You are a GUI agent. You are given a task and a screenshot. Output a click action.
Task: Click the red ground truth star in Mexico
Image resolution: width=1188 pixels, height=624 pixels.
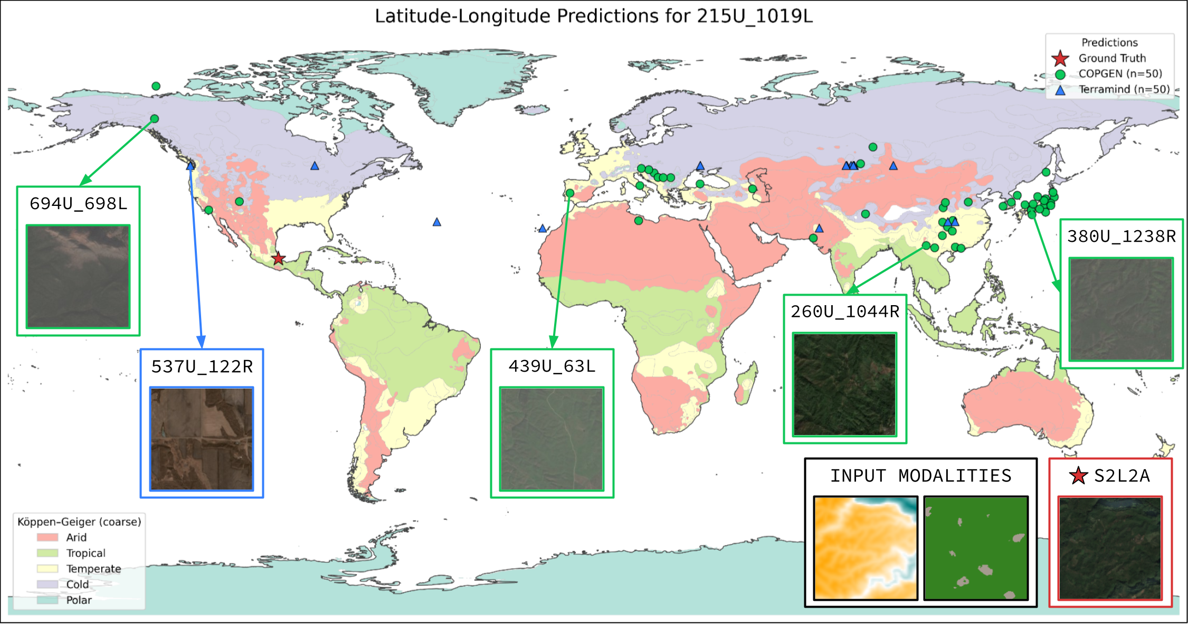coord(278,259)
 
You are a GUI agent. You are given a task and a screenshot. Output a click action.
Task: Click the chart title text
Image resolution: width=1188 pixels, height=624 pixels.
coord(593,16)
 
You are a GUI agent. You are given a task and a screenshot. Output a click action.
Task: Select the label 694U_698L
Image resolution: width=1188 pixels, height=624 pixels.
coord(78,204)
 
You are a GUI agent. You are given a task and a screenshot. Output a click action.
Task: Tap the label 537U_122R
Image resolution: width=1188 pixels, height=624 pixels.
coord(202,367)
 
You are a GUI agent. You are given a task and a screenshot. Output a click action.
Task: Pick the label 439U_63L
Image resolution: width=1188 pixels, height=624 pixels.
coord(552,366)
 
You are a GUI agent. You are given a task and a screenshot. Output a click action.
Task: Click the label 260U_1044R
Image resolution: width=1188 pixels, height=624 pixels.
coord(844,311)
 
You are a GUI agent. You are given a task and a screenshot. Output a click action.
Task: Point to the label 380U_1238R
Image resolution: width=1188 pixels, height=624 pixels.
coord(1121,237)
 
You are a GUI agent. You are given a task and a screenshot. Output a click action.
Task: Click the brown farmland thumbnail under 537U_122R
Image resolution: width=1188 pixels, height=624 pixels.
coord(202,439)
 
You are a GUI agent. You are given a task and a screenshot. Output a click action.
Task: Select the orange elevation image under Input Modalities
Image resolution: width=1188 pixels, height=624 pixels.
coord(866,548)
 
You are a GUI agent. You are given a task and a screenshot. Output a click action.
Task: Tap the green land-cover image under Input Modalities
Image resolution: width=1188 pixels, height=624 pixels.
coord(976,548)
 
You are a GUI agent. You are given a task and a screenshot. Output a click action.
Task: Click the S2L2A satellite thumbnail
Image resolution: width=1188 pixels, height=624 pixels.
coord(1110,548)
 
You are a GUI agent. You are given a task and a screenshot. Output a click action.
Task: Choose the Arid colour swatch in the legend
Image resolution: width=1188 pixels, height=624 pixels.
coord(47,537)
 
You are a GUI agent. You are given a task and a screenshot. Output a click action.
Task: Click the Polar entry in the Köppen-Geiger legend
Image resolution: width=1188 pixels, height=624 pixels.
coord(79,600)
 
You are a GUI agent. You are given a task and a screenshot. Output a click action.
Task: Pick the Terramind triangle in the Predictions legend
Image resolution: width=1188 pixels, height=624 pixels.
coord(1060,90)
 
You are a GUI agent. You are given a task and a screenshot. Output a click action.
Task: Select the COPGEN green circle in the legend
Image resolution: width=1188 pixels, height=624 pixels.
coord(1060,74)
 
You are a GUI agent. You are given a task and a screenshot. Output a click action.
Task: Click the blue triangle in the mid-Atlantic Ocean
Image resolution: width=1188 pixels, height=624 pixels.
coord(436,222)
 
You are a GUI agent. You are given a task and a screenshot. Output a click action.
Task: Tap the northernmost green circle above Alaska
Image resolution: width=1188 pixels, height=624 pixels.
coord(156,86)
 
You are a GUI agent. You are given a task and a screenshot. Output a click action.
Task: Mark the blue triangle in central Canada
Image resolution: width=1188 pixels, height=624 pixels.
coord(315,166)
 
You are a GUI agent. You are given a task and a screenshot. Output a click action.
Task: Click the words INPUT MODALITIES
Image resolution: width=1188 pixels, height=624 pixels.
coord(920,476)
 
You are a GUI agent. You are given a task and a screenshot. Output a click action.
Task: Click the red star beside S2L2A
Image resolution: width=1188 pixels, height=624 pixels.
coord(1078,476)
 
